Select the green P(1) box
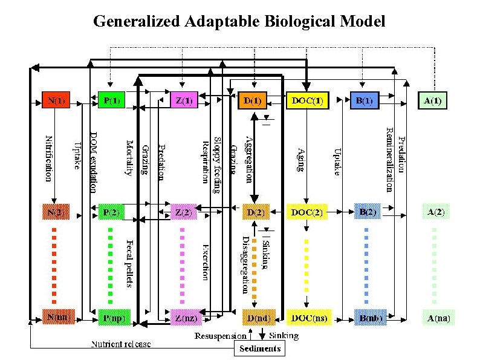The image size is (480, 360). [111, 100]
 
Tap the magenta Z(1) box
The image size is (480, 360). [183, 100]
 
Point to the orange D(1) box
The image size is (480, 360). [253, 100]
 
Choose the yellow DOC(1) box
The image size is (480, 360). [306, 100]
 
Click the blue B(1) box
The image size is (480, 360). [364, 100]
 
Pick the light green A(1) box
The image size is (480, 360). [433, 100]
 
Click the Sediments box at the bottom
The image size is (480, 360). [259, 349]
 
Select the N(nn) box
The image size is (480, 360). [57, 317]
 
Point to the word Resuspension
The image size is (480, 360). [221, 335]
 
